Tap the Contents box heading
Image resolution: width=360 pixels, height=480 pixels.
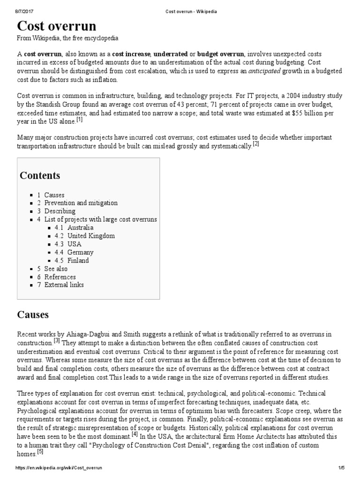pyautogui.click(x=40, y=176)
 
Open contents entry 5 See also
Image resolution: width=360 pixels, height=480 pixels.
pyautogui.click(x=52, y=269)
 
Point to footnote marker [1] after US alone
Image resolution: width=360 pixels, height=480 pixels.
pyautogui.click(x=80, y=119)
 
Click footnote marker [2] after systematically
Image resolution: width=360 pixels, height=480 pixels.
pyautogui.click(x=255, y=143)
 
